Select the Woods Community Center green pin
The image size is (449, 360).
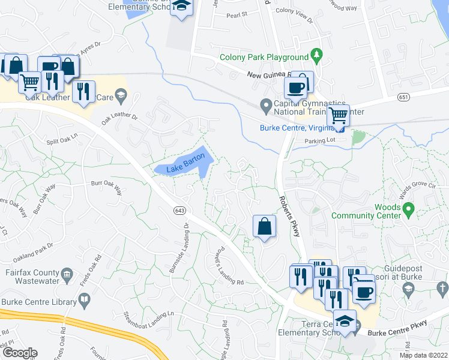click(x=409, y=210)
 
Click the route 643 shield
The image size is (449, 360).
click(x=179, y=211)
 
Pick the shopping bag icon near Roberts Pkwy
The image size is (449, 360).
click(x=264, y=226)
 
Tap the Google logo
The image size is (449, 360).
click(x=20, y=353)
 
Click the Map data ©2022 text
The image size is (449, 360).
click(x=423, y=355)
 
